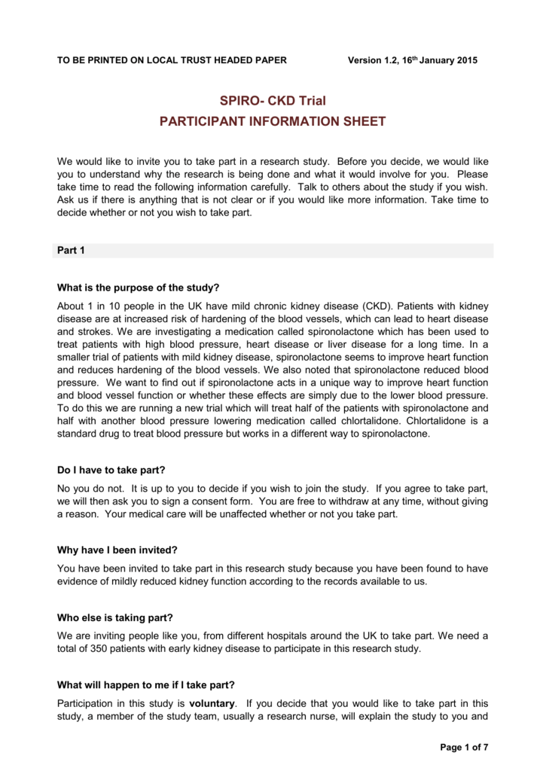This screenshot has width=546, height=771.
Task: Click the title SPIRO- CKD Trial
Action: pos(273,101)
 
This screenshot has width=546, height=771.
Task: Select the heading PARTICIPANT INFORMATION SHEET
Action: pos(273,121)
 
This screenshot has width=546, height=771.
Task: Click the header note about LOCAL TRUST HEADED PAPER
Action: pos(172,60)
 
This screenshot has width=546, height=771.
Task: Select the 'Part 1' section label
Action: pos(71,251)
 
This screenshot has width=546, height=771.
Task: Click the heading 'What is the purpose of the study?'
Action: pos(139,288)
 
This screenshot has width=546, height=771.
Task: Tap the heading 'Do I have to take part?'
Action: pos(112,469)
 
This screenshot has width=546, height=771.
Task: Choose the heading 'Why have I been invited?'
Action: pos(117,550)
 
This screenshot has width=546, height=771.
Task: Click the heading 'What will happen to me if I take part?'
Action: pos(146,684)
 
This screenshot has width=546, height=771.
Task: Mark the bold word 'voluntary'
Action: pos(212,703)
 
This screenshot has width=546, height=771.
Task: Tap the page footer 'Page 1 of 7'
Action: pos(463,747)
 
